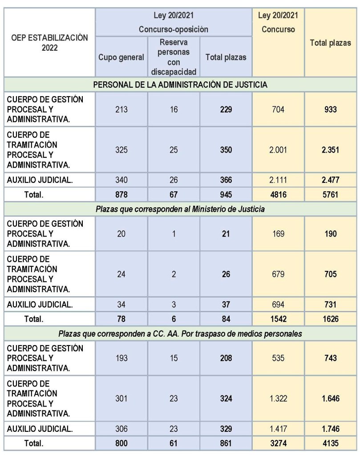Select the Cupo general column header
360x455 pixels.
(121, 57)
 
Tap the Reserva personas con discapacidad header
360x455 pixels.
(174, 57)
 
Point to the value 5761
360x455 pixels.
(330, 193)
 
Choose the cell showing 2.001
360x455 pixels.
(278, 150)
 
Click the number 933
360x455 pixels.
(330, 109)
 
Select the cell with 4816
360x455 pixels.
(278, 193)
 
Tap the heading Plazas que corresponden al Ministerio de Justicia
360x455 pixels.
(180, 209)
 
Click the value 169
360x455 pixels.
(278, 234)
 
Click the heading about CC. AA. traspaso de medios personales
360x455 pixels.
(180, 333)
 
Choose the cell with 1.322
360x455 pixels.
(278, 398)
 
